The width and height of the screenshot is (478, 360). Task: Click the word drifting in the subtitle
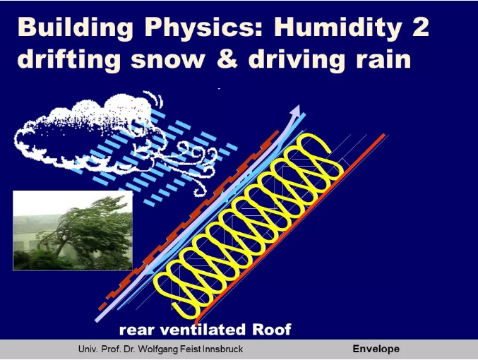(69, 59)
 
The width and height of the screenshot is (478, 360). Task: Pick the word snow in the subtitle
(168, 61)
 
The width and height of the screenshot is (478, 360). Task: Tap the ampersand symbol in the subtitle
(227, 59)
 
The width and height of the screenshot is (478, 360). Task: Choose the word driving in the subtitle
(297, 59)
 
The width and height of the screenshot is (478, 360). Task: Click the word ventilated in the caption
(203, 330)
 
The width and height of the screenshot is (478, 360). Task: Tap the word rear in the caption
(136, 331)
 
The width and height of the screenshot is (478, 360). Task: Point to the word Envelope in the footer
(376, 349)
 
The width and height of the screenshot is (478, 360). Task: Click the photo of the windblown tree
(73, 230)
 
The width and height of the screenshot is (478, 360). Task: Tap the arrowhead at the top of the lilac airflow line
(297, 110)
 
